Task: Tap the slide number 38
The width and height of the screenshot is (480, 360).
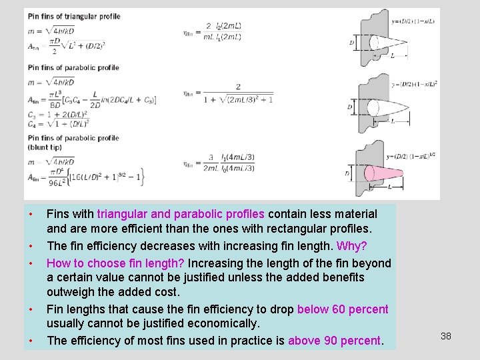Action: click(446, 336)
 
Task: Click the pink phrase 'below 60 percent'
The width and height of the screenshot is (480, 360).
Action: click(343, 309)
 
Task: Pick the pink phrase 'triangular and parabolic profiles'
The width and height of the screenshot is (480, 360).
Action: click(181, 215)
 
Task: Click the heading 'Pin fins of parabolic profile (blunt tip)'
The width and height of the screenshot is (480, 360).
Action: click(73, 142)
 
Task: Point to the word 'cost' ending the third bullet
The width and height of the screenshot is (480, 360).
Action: click(167, 293)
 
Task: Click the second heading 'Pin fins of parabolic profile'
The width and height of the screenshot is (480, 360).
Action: click(73, 67)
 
